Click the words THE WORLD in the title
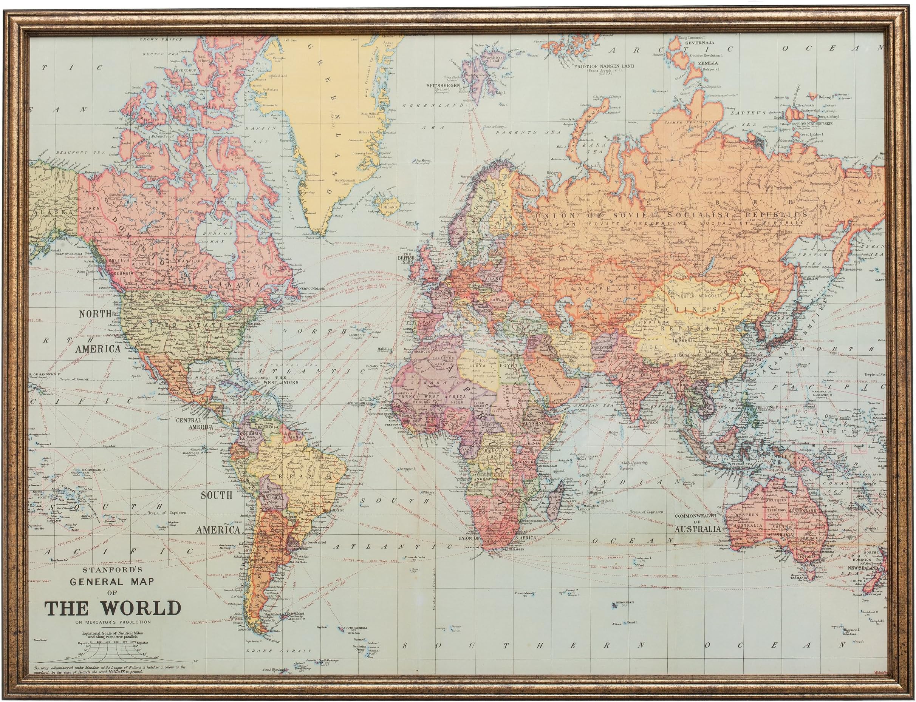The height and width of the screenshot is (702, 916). coord(113,608)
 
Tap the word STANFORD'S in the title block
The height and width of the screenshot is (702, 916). coord(113,569)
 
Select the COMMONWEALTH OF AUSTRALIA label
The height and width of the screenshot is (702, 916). coord(698,522)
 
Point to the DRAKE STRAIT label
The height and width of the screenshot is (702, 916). coord(278,663)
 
